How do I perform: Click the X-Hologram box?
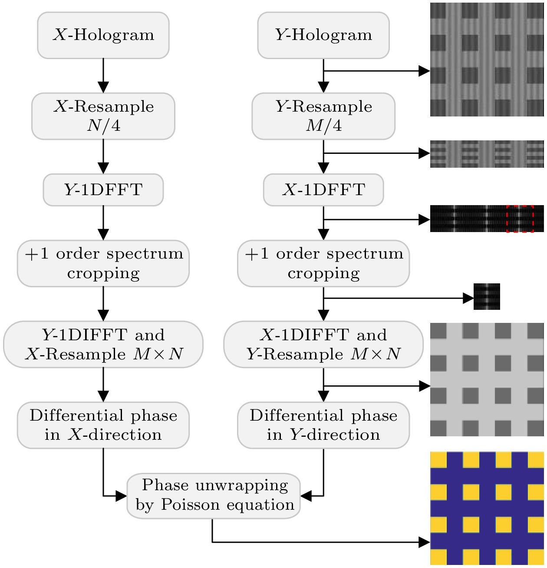point(103,35)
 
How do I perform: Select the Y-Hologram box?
point(323,35)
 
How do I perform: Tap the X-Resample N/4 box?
point(103,116)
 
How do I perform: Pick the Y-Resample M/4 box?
point(323,116)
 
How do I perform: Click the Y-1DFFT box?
point(103,190)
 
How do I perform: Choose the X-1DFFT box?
point(323,190)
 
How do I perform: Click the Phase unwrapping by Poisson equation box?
point(214,495)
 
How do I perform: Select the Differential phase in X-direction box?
point(103,425)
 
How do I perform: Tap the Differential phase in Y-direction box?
point(323,425)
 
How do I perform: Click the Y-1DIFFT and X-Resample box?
point(103,345)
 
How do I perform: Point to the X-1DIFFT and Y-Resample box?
point(323,345)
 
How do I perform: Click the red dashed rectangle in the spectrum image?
point(520,219)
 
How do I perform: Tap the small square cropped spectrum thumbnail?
point(487,297)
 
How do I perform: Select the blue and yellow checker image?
point(487,508)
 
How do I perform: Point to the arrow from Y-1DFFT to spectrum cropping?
point(103,223)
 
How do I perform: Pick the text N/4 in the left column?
point(103,126)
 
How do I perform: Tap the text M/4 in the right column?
point(323,126)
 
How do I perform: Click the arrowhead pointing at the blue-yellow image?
point(424,542)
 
